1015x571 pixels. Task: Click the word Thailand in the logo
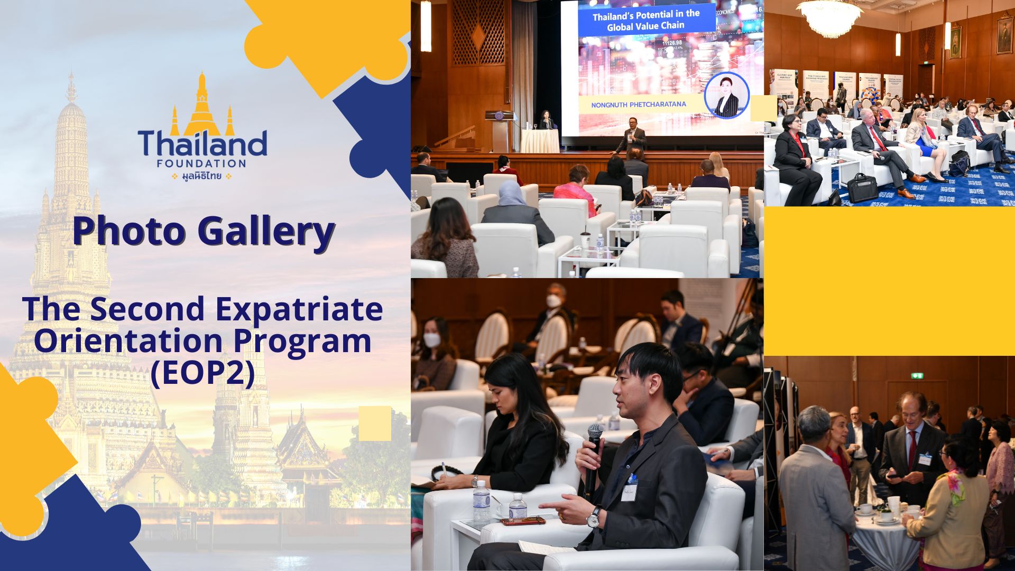point(202,143)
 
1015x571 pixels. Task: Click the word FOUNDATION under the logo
point(201,163)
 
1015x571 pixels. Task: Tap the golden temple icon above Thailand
point(201,106)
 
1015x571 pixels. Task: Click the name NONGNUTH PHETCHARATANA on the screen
point(639,105)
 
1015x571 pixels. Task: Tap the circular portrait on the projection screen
point(727,95)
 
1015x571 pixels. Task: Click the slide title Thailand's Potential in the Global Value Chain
point(645,20)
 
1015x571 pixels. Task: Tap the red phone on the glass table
point(523,521)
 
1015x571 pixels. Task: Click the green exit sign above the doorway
point(917,376)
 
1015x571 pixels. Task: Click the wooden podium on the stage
point(499,131)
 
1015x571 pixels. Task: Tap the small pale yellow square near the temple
point(375,423)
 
